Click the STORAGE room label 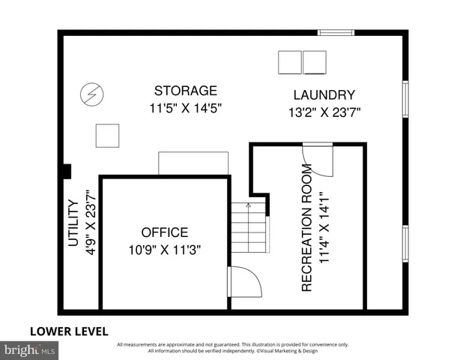coord(185,91)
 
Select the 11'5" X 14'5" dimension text coord(185,109)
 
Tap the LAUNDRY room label coord(324,95)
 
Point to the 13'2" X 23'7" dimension coord(324,113)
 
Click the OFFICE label coord(164,232)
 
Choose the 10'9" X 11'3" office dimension coord(164,250)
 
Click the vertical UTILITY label coord(73,223)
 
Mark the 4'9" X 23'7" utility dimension coord(91,222)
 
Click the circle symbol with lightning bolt coord(92,95)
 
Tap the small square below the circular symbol coord(107,136)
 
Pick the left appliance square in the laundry coord(289,62)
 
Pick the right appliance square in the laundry coord(314,62)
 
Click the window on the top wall coord(335,32)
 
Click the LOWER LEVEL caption coord(69,331)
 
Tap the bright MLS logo coord(30,349)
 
